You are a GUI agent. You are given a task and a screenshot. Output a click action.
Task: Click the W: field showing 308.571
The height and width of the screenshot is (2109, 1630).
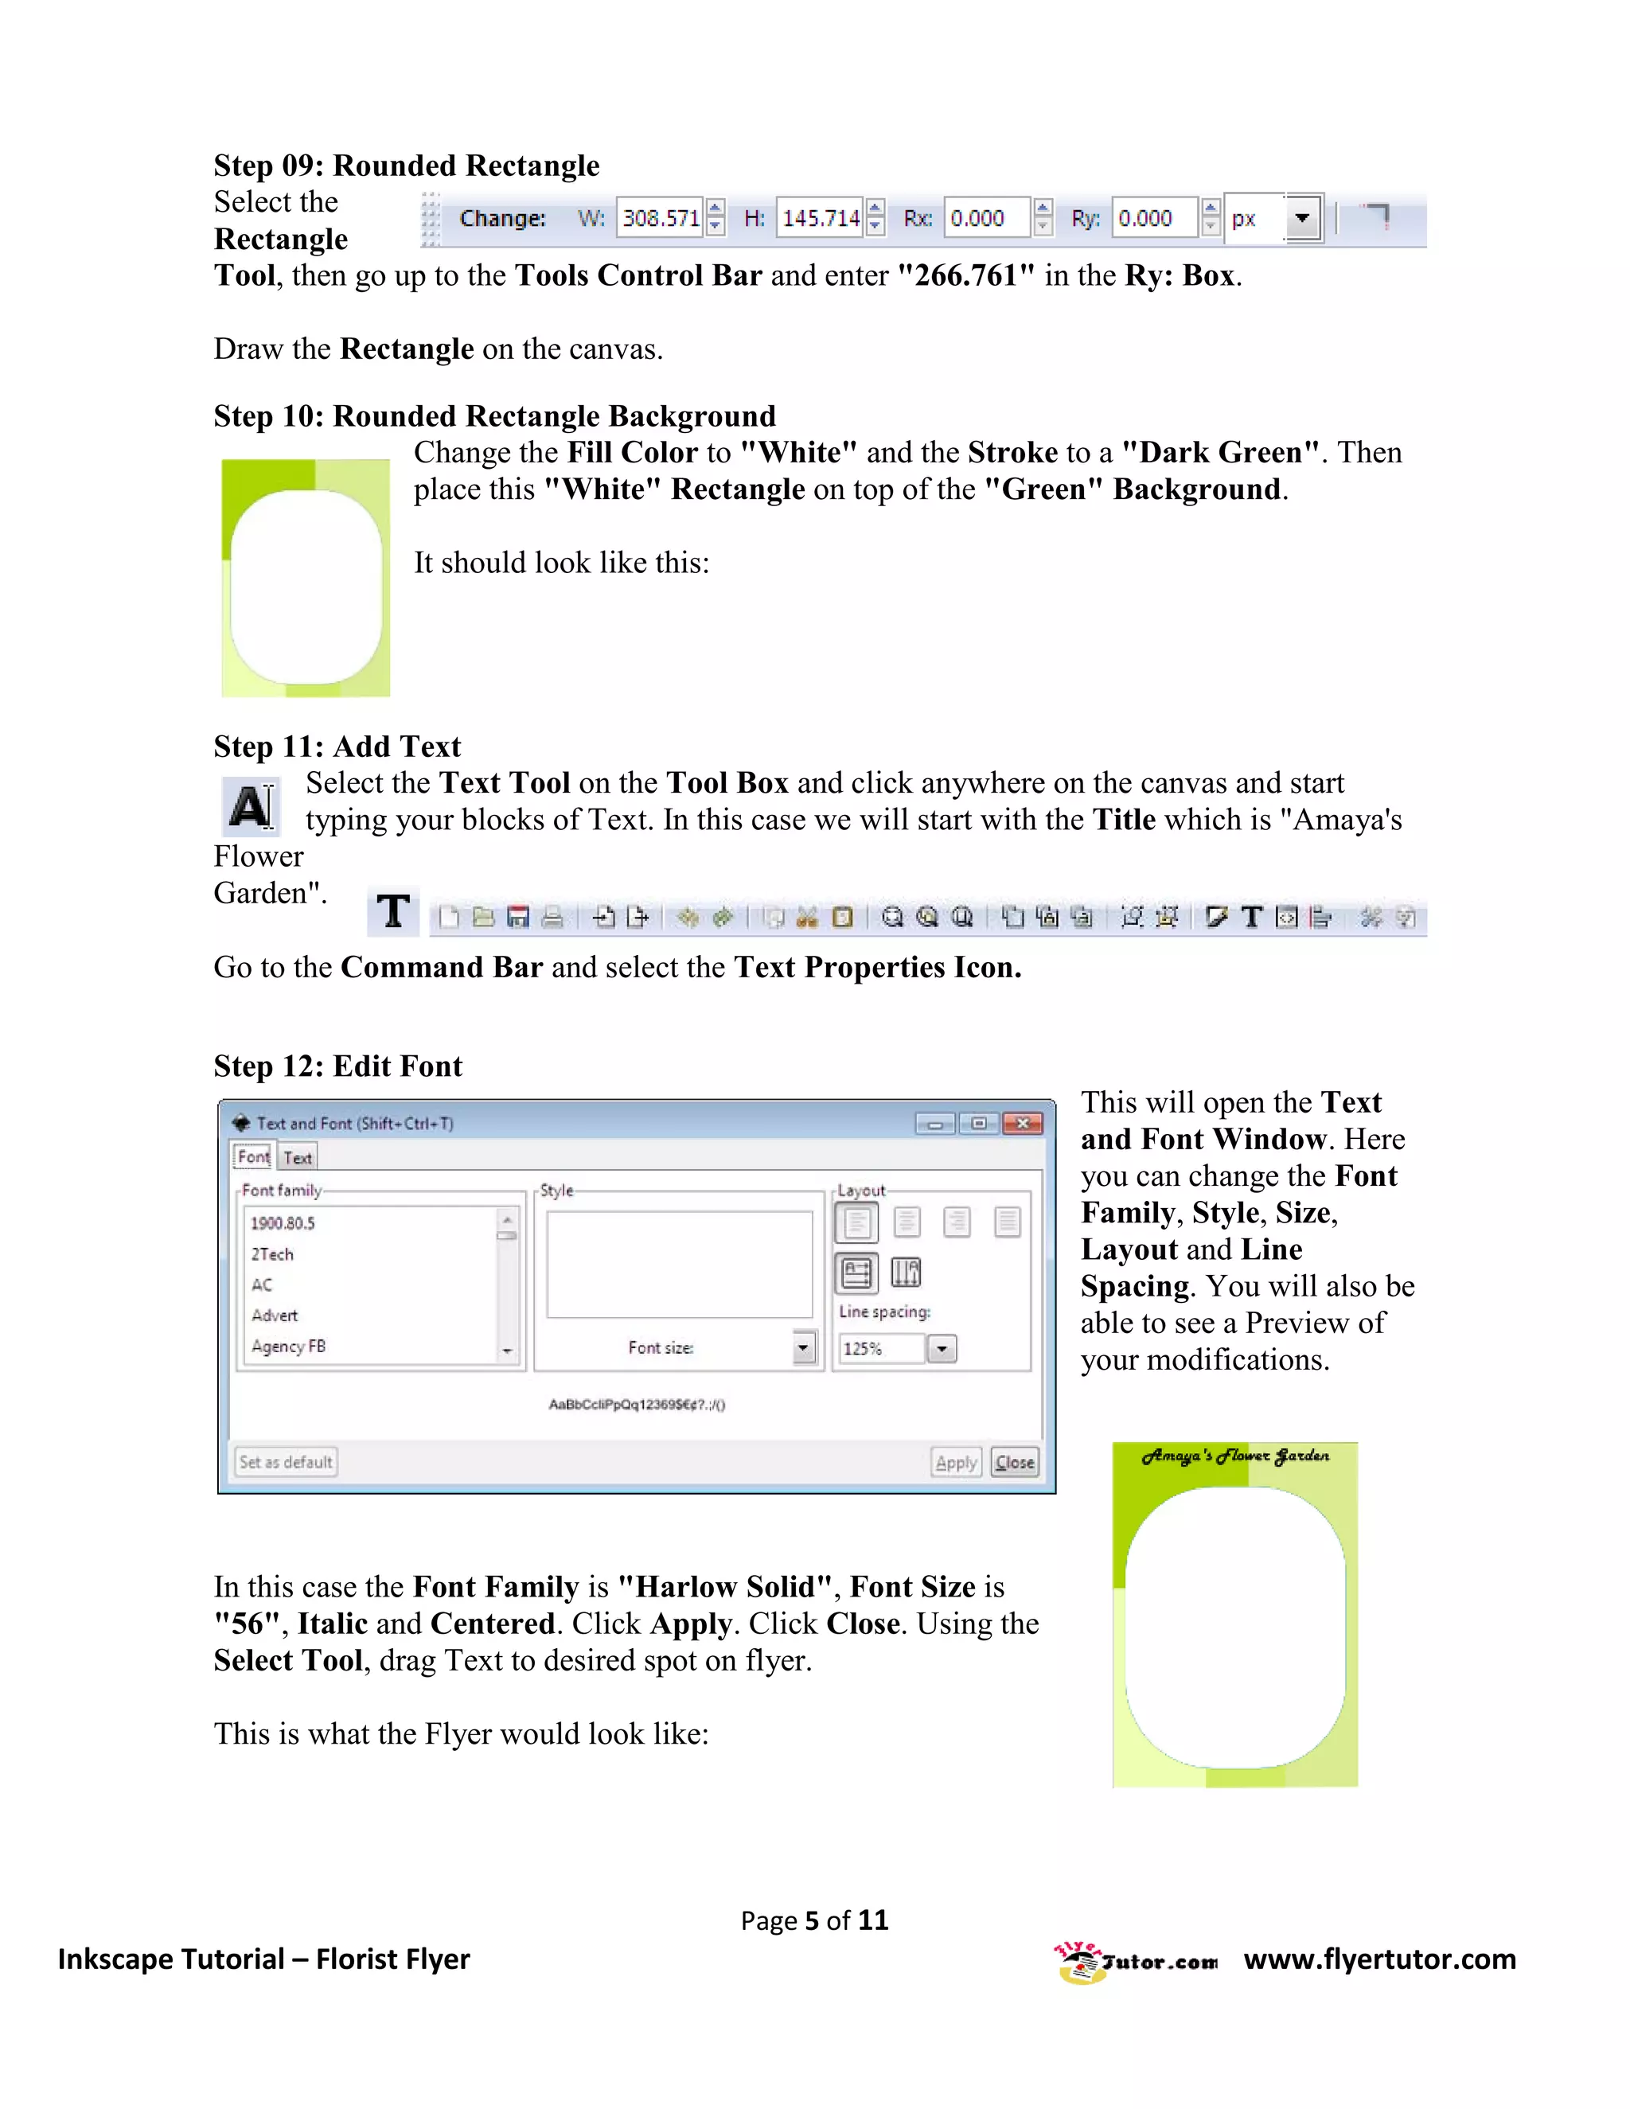click(x=660, y=218)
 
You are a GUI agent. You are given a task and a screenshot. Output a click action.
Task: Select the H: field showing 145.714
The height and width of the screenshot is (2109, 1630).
click(x=820, y=218)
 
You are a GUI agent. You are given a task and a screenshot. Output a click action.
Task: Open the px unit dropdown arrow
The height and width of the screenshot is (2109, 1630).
click(x=1301, y=218)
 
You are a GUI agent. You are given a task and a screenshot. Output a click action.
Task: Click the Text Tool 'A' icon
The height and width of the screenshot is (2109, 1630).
click(x=251, y=806)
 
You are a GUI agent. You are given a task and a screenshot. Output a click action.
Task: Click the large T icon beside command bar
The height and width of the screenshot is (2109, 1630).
click(x=393, y=911)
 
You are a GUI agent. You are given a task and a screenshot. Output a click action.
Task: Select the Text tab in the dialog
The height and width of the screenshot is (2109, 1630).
click(x=298, y=1157)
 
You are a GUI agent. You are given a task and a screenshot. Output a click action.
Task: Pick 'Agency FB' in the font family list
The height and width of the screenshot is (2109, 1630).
click(x=288, y=1346)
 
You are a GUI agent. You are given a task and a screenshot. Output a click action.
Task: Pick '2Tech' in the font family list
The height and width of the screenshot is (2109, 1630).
click(x=272, y=1254)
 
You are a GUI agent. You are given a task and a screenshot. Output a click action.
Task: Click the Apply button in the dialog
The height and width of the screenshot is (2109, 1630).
click(x=956, y=1462)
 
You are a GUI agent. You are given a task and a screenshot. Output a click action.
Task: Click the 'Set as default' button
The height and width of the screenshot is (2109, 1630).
click(x=286, y=1462)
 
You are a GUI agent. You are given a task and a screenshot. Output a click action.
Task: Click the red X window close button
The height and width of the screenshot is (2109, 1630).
click(x=1023, y=1123)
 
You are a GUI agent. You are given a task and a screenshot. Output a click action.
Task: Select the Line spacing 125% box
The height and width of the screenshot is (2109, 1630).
click(x=882, y=1349)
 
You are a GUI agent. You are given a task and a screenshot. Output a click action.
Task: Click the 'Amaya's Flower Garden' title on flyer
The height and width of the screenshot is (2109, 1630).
click(x=1235, y=1456)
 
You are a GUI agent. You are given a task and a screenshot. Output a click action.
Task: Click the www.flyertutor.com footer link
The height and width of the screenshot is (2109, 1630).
click(x=1379, y=1959)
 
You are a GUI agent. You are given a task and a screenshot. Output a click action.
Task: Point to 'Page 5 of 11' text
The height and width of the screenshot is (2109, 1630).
click(x=814, y=1920)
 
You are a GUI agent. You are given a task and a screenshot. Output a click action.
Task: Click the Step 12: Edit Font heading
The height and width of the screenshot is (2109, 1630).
click(x=338, y=1066)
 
